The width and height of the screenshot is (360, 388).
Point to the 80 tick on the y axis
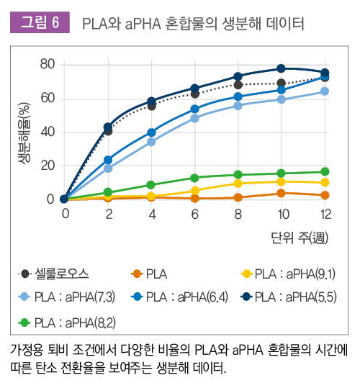(47, 64)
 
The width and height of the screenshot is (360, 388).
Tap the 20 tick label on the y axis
(47, 165)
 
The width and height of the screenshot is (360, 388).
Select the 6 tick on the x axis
(194, 215)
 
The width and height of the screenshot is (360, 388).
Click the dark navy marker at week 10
(282, 69)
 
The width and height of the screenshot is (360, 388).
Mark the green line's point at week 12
(325, 171)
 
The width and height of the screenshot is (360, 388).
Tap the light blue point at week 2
(108, 168)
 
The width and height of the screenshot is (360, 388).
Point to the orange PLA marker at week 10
(282, 193)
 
